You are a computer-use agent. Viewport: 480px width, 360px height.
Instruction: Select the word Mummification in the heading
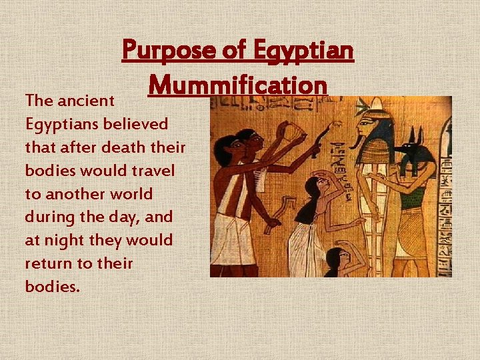238,85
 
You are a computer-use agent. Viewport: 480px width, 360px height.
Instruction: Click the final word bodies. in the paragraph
52,286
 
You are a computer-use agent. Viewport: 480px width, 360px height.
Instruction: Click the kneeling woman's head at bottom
336,256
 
